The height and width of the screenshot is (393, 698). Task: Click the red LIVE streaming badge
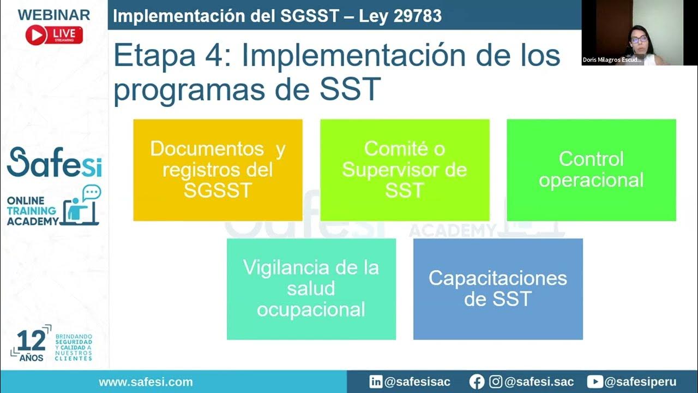point(54,35)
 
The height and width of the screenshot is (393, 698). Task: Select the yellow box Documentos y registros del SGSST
point(218,170)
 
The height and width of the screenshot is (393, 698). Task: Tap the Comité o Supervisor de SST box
point(405,170)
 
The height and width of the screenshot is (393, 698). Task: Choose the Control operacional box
point(591,170)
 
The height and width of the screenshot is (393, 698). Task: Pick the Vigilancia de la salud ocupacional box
point(311,289)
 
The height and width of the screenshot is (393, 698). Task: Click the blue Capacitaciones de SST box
point(498,289)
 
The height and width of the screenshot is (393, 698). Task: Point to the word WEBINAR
point(54,15)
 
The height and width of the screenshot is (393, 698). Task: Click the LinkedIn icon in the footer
point(376,382)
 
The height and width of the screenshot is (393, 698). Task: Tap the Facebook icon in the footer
point(477,382)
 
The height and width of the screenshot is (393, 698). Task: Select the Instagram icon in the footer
point(496,382)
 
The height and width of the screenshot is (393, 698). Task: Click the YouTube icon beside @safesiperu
point(595,382)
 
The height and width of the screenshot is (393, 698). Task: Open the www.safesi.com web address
point(146,382)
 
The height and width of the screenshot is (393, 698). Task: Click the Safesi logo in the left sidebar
point(54,162)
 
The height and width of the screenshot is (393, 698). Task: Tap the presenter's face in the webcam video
point(639,38)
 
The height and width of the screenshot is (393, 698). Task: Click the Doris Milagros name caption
point(612,60)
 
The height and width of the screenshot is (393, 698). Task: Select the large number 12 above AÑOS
point(31,341)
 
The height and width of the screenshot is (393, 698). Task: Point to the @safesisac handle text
point(417,382)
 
